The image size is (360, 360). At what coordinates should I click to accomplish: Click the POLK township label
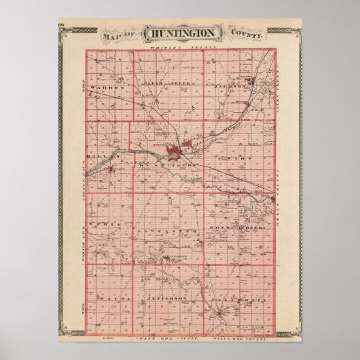coord(109,224)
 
